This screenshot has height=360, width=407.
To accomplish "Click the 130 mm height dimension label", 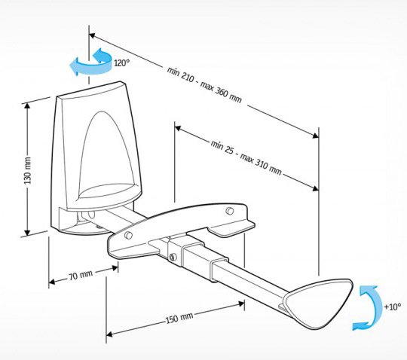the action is (28, 170).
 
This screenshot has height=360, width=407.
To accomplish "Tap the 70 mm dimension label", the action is (81, 276).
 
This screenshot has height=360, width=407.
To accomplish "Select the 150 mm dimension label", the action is (179, 318).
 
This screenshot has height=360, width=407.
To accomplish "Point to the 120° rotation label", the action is (122, 63).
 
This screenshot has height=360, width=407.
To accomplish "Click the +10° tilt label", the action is (392, 307).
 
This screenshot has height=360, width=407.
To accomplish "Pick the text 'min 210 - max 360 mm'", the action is (204, 84).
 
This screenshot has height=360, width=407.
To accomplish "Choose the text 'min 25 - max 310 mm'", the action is (246, 157).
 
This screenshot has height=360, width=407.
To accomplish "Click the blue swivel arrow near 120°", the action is (90, 63).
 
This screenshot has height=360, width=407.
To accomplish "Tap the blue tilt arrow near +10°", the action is (366, 308).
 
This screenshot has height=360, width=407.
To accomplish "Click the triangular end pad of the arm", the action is (320, 303).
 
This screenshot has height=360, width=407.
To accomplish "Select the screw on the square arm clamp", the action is (173, 257).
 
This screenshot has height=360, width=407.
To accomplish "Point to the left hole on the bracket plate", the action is (128, 236).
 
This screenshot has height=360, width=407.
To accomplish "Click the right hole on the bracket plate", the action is (229, 211).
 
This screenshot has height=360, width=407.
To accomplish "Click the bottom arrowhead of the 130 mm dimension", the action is (27, 233).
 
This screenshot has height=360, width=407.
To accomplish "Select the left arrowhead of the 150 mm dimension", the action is (109, 334).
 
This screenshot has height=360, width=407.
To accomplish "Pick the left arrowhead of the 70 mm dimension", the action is (52, 282).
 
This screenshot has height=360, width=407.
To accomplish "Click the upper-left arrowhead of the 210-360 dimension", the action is (92, 35).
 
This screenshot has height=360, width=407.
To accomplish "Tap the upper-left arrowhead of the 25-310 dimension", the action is (178, 128).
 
